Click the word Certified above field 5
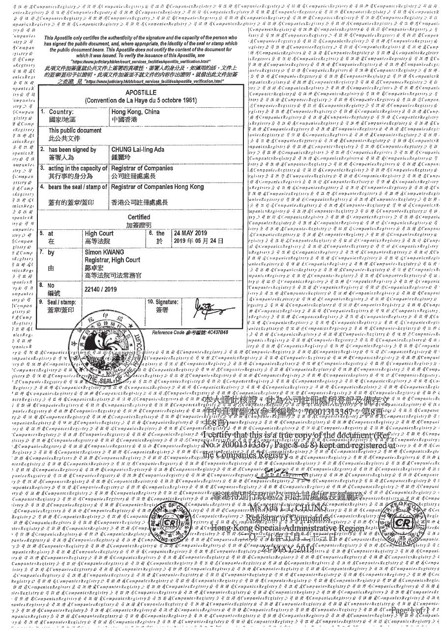[139, 217]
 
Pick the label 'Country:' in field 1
[61, 112]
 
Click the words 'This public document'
[75, 130]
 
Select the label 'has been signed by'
[72, 149]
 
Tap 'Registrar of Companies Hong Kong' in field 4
[157, 187]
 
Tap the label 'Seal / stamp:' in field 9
[61, 301]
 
